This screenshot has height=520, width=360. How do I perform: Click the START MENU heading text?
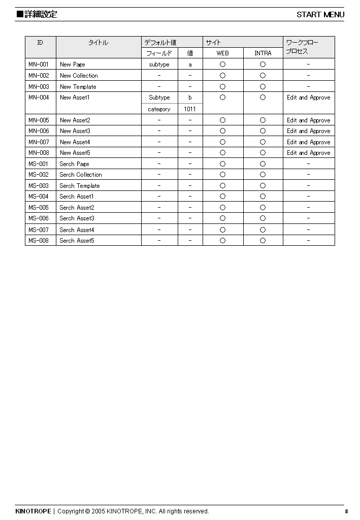pos(320,14)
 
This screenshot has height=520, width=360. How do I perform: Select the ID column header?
pos(40,43)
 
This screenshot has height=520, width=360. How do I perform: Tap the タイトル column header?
pos(98,43)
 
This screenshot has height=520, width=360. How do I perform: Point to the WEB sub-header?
pos(222,53)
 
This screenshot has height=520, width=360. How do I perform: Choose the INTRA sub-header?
pos(263,53)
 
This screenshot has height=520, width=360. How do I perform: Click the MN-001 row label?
pos(39,64)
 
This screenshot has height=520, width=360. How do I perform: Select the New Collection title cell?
pos(79,76)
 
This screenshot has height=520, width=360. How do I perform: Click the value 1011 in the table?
pos(190,109)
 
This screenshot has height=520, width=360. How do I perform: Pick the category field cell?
pos(159,109)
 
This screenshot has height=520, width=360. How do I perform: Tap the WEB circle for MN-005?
pos(222,120)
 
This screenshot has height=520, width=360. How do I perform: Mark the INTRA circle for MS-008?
pos(263,241)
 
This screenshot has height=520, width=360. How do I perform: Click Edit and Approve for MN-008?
pos(308,153)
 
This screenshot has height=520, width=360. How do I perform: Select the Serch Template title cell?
pos(80,186)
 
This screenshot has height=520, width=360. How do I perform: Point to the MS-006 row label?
pos(39,218)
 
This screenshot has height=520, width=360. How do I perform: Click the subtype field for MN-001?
pos(159,64)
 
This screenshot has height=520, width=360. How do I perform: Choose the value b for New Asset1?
pos(190,97)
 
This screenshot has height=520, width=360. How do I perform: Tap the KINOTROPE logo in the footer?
pos(33,511)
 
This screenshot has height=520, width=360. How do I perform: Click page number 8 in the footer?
pos(346,511)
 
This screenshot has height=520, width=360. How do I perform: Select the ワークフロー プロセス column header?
pos(302,47)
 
